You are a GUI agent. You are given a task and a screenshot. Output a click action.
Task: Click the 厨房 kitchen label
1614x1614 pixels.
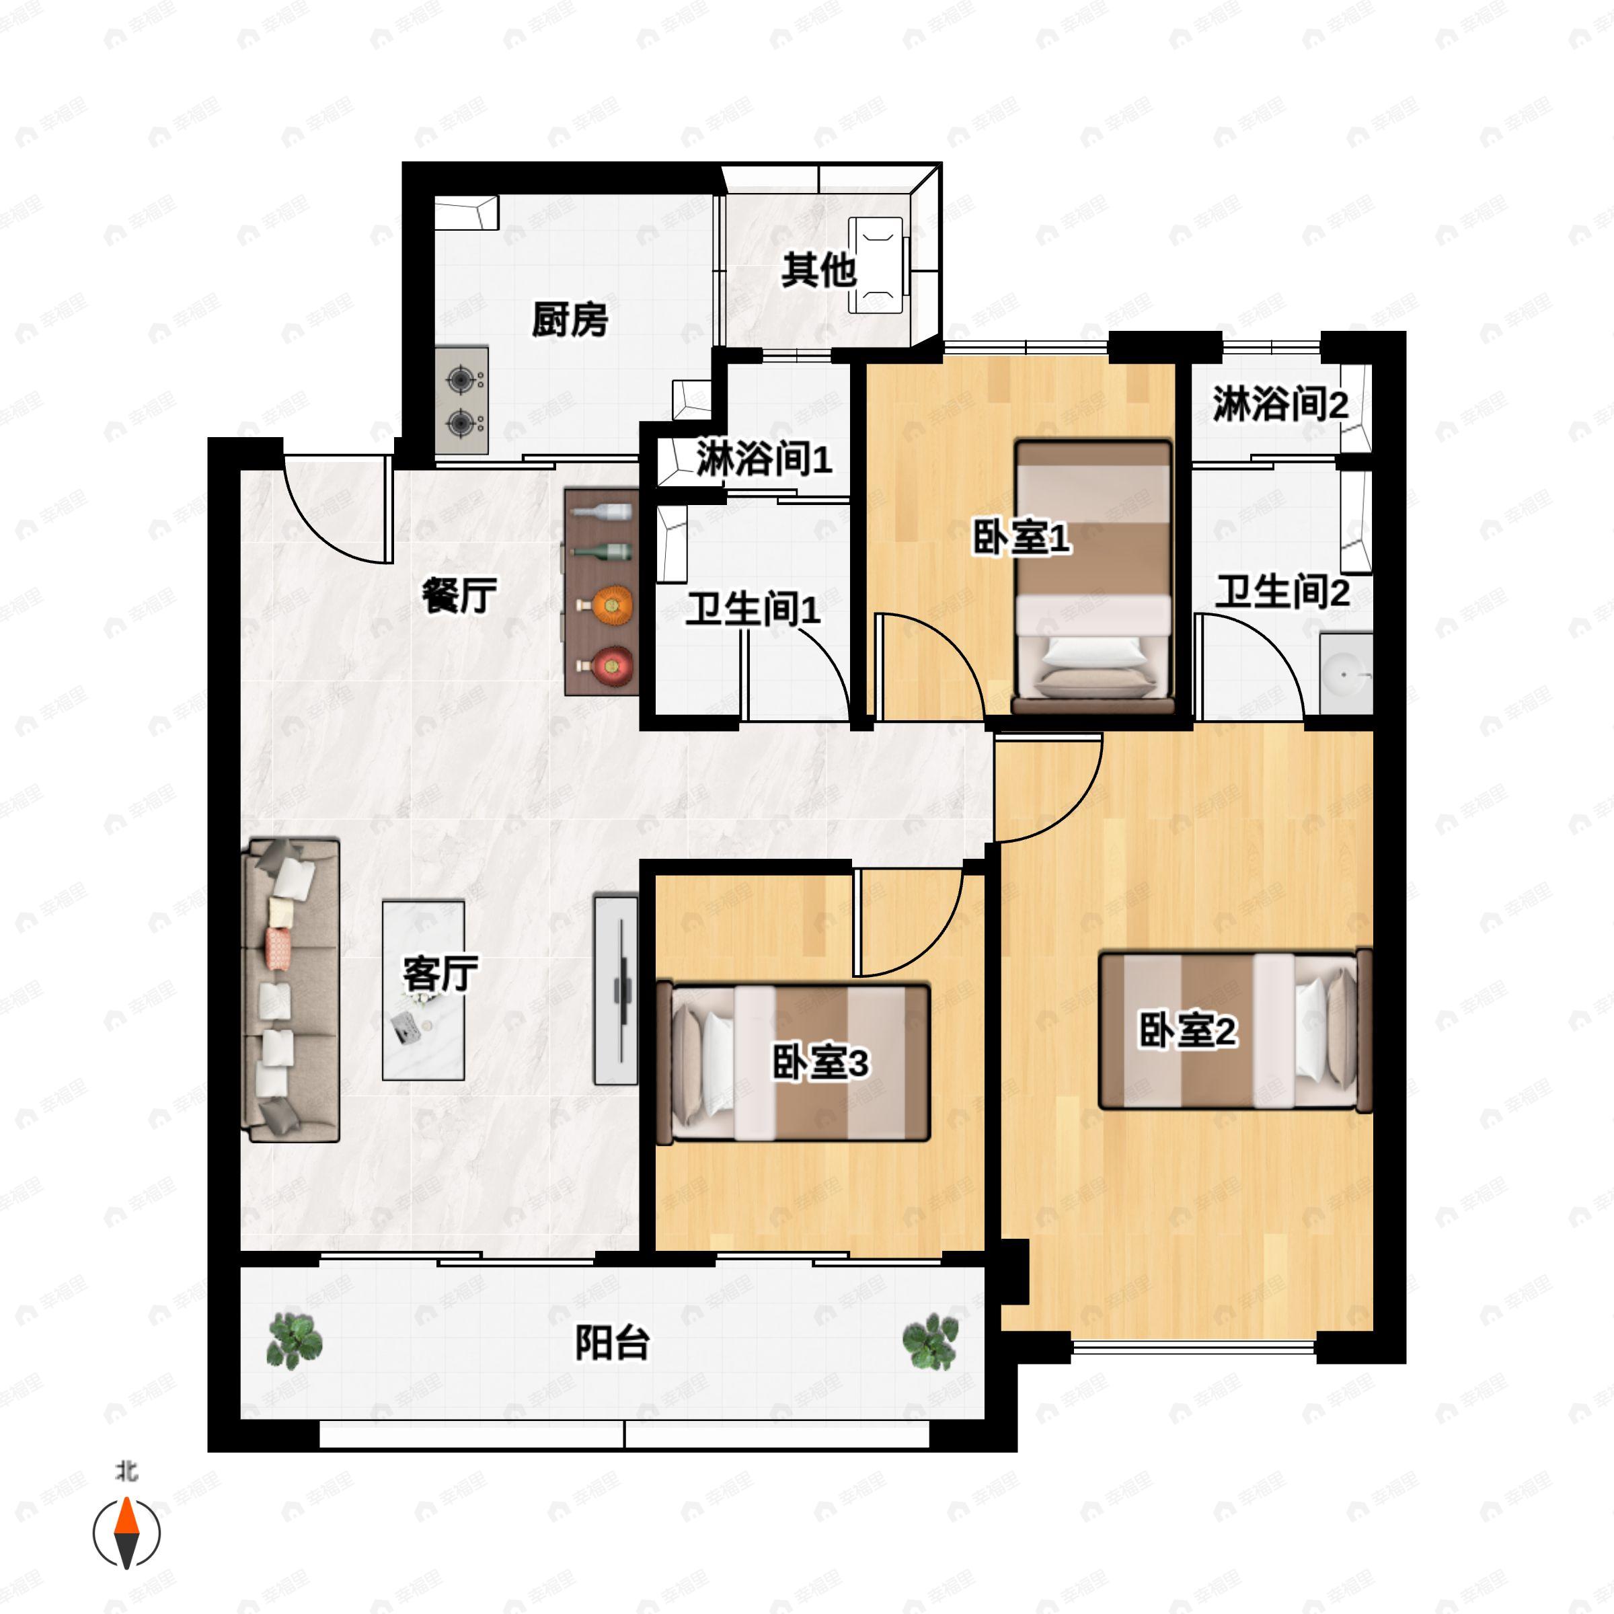click(570, 319)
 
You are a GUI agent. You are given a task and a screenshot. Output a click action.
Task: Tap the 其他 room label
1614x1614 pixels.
click(818, 270)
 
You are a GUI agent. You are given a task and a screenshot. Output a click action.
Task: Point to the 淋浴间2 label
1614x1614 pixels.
click(1280, 404)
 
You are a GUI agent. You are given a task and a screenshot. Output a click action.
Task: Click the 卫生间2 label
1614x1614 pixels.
click(1282, 592)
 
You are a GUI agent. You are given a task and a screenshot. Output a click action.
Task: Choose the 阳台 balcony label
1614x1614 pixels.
click(613, 1344)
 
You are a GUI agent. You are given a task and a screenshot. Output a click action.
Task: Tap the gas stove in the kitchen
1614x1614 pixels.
click(461, 401)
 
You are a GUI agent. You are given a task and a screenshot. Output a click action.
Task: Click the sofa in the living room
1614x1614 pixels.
click(291, 991)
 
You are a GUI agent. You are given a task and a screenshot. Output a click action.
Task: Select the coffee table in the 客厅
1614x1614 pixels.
click(424, 990)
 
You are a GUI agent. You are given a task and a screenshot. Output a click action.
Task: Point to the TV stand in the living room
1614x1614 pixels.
click(616, 990)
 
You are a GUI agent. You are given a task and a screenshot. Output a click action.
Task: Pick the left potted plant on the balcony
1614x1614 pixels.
click(294, 1341)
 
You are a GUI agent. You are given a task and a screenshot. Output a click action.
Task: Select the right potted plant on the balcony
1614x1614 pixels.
click(931, 1342)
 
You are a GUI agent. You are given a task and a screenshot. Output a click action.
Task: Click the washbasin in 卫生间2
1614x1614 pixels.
click(1346, 673)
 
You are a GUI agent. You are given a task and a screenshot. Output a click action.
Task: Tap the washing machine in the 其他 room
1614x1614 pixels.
click(876, 265)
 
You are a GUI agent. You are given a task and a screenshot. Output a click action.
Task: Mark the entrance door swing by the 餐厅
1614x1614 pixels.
click(338, 507)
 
